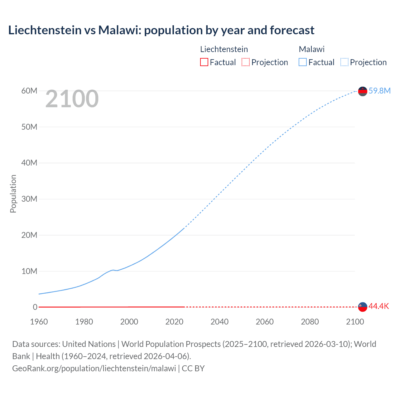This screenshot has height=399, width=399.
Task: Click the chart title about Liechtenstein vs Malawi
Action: click(161, 30)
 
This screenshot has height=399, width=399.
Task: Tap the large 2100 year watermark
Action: click(72, 99)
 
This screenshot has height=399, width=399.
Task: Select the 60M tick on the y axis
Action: click(29, 91)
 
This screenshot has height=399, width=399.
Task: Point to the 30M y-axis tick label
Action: click(29, 199)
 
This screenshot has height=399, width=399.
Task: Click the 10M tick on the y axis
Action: click(29, 271)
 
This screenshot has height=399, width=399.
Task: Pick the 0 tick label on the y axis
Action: click(35, 307)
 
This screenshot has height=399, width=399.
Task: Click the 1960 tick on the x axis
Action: click(39, 322)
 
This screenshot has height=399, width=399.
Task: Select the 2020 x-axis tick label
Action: click(174, 322)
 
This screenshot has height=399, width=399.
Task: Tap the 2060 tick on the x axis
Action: click(265, 322)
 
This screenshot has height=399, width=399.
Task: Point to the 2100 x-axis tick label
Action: click(355, 322)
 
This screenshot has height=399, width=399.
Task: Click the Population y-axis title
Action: click(13, 194)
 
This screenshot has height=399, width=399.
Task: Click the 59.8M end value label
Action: click(379, 91)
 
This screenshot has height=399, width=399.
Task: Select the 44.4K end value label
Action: click(379, 306)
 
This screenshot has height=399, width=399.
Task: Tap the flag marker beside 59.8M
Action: click(363, 91)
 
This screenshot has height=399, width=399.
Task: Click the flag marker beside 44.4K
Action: click(363, 307)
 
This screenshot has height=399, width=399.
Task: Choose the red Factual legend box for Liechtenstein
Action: click(204, 62)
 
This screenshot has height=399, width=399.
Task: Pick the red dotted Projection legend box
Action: click(246, 62)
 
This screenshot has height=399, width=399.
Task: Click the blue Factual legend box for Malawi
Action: click(303, 62)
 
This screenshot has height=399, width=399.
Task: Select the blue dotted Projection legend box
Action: click(344, 62)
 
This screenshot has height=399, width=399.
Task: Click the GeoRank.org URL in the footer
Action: click(94, 368)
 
